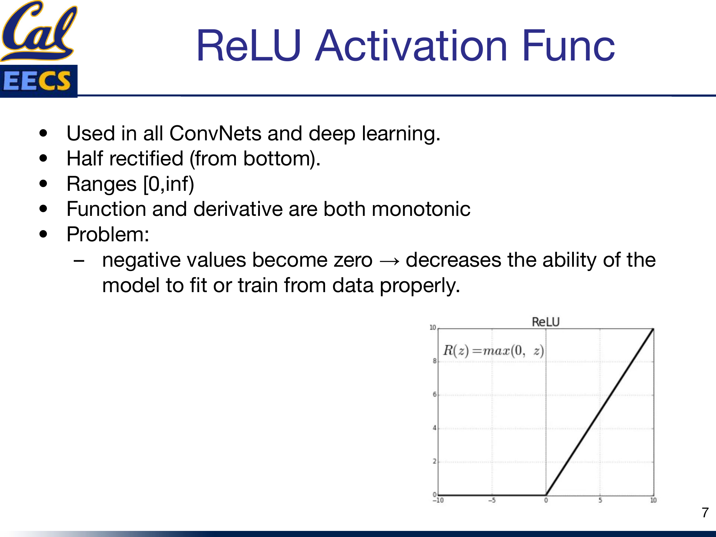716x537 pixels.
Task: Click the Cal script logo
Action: coord(39,30)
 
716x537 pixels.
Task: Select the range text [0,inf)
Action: coord(168,184)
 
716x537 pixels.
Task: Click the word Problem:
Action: coord(108,234)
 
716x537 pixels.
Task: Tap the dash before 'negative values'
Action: coord(79,261)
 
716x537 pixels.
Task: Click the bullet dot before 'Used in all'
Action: coord(43,133)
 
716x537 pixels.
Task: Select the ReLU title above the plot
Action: coord(545,322)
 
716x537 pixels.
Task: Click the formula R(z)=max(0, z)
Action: coord(493,350)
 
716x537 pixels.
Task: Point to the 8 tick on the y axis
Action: coord(435,361)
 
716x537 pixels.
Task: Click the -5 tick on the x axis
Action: coord(492,500)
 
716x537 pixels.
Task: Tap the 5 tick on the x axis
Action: coord(600,500)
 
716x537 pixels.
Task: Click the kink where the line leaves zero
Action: coord(546,495)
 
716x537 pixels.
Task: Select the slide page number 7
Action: coord(705,513)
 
